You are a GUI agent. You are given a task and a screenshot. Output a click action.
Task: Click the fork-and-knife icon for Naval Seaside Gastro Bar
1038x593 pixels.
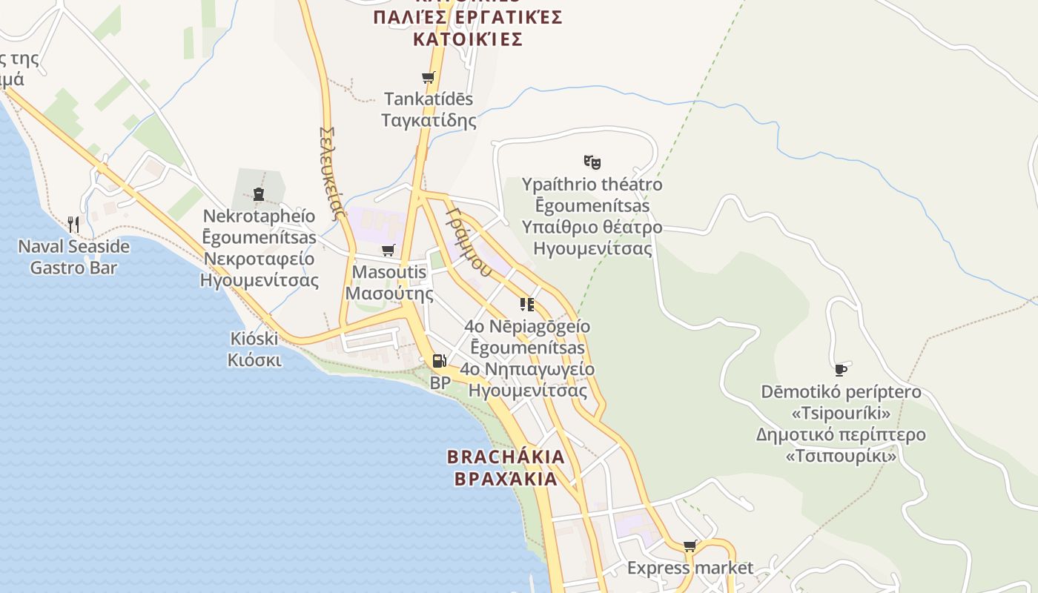(x=73, y=224)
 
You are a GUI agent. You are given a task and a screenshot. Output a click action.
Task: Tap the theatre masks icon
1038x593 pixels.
(x=592, y=162)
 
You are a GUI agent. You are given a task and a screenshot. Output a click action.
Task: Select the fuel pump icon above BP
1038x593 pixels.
(x=439, y=361)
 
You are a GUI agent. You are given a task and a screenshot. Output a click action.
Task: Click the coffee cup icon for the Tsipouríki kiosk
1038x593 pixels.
(x=840, y=369)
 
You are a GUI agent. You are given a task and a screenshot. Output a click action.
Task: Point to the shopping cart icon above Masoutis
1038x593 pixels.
(x=389, y=251)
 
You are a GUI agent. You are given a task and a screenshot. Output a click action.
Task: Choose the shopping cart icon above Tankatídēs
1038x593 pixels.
(x=428, y=77)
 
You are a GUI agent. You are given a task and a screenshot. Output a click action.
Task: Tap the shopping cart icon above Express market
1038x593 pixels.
(x=690, y=546)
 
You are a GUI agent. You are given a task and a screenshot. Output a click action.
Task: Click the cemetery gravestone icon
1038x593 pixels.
(x=259, y=194)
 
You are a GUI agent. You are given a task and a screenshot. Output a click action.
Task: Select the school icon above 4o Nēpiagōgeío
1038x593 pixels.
(x=526, y=304)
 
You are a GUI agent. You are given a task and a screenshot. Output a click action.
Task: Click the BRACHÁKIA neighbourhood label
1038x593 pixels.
(x=506, y=457)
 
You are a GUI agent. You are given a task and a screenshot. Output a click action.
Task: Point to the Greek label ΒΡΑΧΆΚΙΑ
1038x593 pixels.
(x=506, y=479)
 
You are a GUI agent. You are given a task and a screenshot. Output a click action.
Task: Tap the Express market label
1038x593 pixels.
(x=690, y=569)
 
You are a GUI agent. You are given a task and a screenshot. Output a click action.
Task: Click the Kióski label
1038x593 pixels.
(x=254, y=339)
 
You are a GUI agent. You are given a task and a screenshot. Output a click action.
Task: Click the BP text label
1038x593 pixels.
(x=440, y=382)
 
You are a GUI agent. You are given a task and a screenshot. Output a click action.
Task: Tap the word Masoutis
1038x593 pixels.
(x=389, y=272)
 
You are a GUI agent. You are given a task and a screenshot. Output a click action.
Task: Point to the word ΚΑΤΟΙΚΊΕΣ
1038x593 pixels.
(x=467, y=39)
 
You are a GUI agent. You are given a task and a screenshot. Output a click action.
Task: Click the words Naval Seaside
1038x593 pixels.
(x=73, y=246)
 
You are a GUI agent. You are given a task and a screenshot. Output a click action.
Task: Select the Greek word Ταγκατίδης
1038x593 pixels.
(x=429, y=120)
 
